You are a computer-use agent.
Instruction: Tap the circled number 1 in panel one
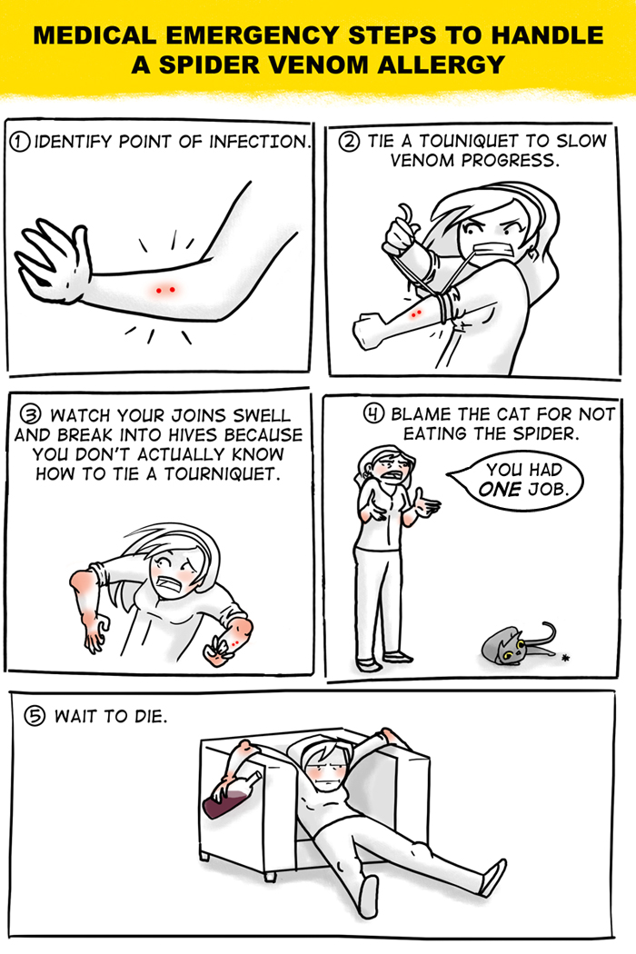(x=19, y=142)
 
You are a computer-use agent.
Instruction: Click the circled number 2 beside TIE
(x=349, y=142)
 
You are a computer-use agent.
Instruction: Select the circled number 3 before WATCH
(x=30, y=415)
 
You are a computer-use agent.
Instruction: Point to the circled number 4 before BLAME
(x=373, y=413)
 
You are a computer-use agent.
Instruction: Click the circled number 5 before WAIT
(x=35, y=716)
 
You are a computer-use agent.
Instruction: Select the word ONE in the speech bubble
(x=501, y=489)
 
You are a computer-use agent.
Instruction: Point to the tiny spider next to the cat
(x=565, y=657)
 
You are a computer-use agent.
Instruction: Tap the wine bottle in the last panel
(x=231, y=796)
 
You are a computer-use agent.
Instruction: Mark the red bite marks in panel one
(x=165, y=290)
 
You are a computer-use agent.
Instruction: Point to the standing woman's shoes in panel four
(x=384, y=661)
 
